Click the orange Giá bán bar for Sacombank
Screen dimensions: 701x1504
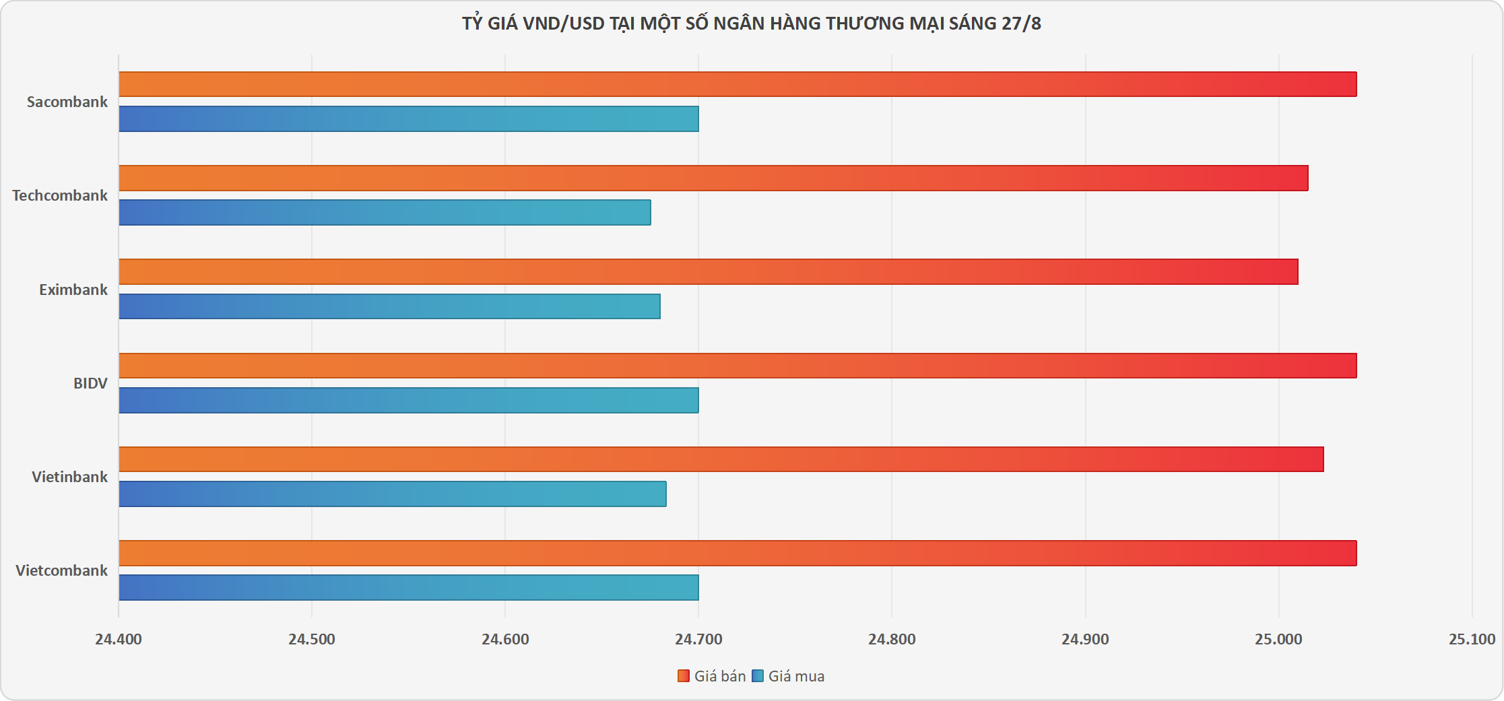click(738, 84)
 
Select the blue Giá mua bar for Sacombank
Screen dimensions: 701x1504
click(409, 119)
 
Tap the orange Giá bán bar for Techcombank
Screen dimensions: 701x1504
click(713, 178)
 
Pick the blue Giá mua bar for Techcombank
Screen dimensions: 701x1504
click(385, 212)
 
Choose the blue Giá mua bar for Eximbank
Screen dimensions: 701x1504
click(389, 306)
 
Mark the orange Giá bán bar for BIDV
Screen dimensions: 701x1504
click(738, 366)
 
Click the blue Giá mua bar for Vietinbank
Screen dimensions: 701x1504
click(393, 494)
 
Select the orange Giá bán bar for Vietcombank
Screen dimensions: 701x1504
click(738, 553)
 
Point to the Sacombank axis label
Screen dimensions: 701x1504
click(67, 102)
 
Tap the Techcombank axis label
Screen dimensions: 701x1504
click(60, 195)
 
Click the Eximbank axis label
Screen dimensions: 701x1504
click(73, 290)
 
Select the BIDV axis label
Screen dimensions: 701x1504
click(90, 383)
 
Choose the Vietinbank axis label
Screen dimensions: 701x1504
click(69, 477)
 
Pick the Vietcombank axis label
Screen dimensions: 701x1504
click(61, 570)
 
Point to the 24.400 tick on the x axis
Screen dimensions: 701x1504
click(119, 639)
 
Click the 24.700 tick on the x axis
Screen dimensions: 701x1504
click(698, 639)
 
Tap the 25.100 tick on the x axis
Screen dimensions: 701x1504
click(1472, 639)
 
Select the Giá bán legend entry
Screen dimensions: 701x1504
click(712, 676)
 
